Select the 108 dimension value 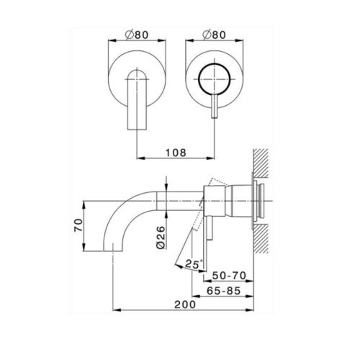[176, 153]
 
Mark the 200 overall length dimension [184, 305]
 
